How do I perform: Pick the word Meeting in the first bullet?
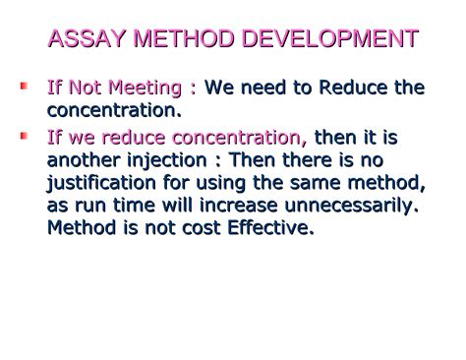(x=150, y=89)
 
